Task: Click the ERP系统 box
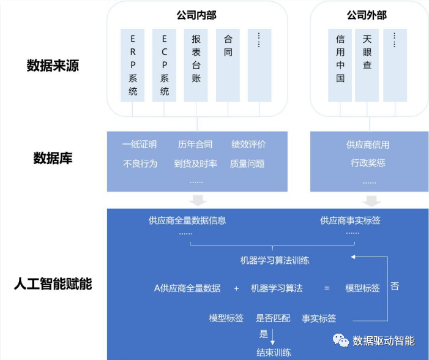point(133,65)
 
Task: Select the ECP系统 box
point(165,65)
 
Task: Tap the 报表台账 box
point(196,65)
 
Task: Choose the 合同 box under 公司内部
point(228,65)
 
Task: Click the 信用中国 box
point(340,65)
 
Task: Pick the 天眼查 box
point(367,65)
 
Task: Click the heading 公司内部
point(196,14)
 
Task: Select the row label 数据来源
point(53,65)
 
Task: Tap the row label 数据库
point(53,158)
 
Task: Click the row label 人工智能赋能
point(53,283)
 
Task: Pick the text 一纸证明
point(140,144)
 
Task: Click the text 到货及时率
point(195,163)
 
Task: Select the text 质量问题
point(247,163)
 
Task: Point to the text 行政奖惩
point(368,163)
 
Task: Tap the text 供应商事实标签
point(350,220)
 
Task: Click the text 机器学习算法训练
point(275,260)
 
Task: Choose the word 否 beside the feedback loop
point(395,286)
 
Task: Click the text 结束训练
point(274,352)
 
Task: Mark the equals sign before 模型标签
point(327,288)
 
